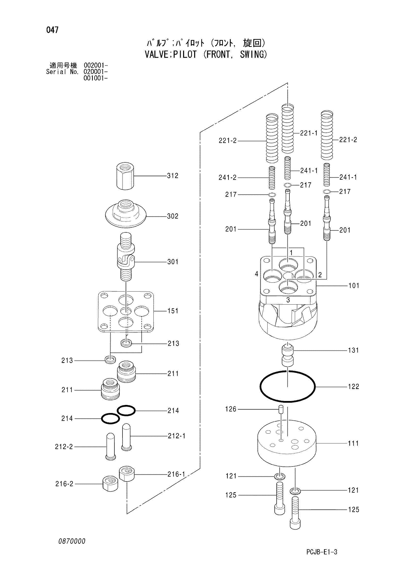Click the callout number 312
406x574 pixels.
coord(173,176)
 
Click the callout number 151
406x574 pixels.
coord(173,311)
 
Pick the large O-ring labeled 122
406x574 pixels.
coord(287,387)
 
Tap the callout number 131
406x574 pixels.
coord(353,350)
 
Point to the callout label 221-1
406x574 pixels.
coord(309,133)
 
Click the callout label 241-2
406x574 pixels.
coord(228,177)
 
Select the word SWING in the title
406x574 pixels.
coord(254,54)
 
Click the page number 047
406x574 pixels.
coord(53,30)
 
